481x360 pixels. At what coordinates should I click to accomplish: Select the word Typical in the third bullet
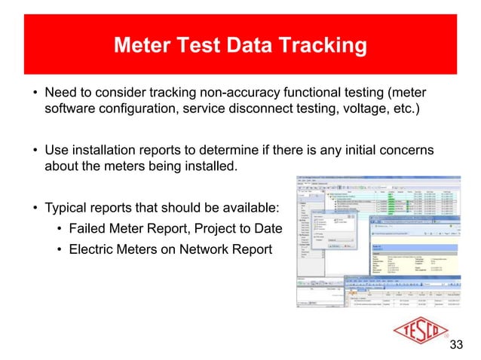pos(67,207)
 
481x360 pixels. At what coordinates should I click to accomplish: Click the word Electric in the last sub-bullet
pos(92,249)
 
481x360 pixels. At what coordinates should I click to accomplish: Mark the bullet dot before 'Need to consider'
pos(35,94)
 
